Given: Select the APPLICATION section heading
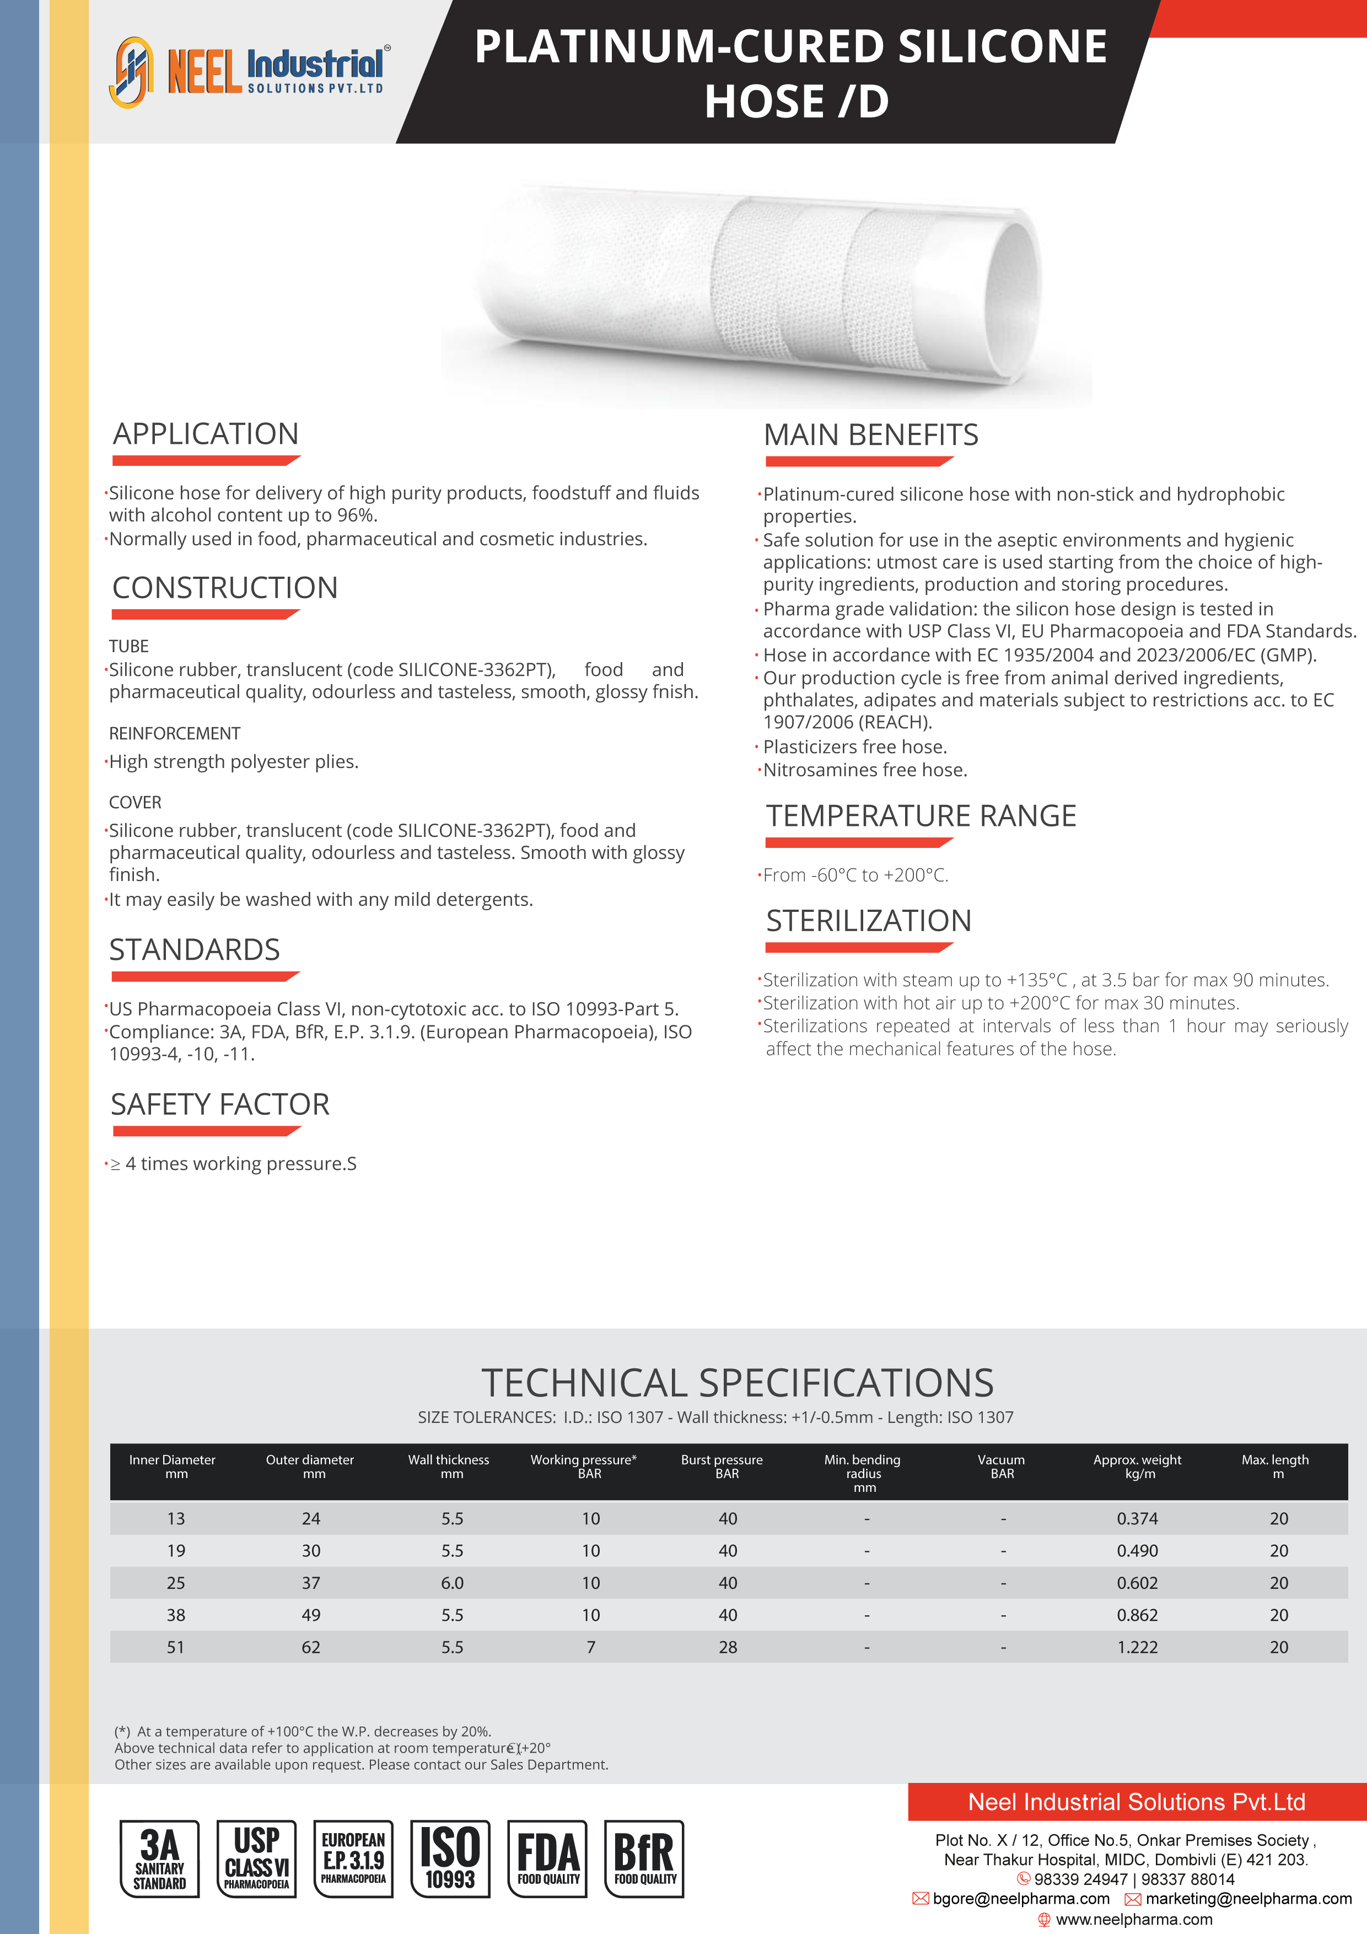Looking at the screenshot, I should coord(206,434).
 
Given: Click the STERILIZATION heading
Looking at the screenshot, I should coord(868,921).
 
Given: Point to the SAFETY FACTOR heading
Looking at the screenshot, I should coord(220,1104).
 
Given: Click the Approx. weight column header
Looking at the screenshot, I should coord(1137,1466).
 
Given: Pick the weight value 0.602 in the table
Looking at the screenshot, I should coord(1137,1583).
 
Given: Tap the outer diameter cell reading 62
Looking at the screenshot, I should coord(311,1647).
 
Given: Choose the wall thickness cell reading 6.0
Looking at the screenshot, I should coord(453,1583).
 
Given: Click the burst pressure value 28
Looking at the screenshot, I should coord(728,1647).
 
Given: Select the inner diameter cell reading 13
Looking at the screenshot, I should coord(175,1519).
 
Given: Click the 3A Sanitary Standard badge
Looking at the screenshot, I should coord(159,1858).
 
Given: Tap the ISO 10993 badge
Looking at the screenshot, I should coord(450,1858).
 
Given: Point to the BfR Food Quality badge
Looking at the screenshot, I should coord(644,1858).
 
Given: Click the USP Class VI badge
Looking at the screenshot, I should coord(256,1858).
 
